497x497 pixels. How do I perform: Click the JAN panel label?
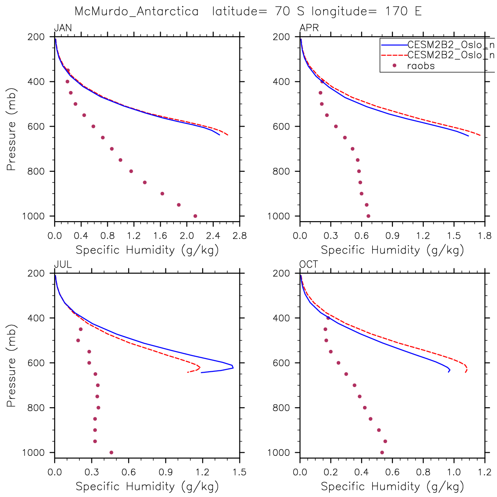coord(63,28)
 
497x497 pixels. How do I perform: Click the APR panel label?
coord(309,28)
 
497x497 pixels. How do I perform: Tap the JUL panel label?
coord(63,264)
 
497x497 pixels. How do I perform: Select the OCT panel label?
coord(309,264)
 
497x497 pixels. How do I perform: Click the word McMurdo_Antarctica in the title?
coord(137,11)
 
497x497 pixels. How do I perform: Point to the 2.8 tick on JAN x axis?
coord(240,236)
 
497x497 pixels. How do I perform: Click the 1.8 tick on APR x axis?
coord(485,236)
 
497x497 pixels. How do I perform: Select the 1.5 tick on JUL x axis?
coord(240,472)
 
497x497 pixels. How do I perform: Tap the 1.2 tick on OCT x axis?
coord(485,472)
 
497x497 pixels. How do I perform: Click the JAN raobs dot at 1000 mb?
coord(195,216)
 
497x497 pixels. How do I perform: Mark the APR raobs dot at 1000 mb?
coord(368,216)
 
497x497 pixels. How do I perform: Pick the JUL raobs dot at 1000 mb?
coord(111,452)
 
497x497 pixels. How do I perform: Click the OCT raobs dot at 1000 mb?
coord(382,452)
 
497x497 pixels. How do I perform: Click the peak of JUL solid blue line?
coord(233,367)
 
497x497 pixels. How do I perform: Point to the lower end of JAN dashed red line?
coord(228,135)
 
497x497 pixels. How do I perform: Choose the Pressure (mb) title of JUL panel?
coord(11,366)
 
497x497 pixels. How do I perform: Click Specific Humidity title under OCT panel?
coord(392,486)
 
